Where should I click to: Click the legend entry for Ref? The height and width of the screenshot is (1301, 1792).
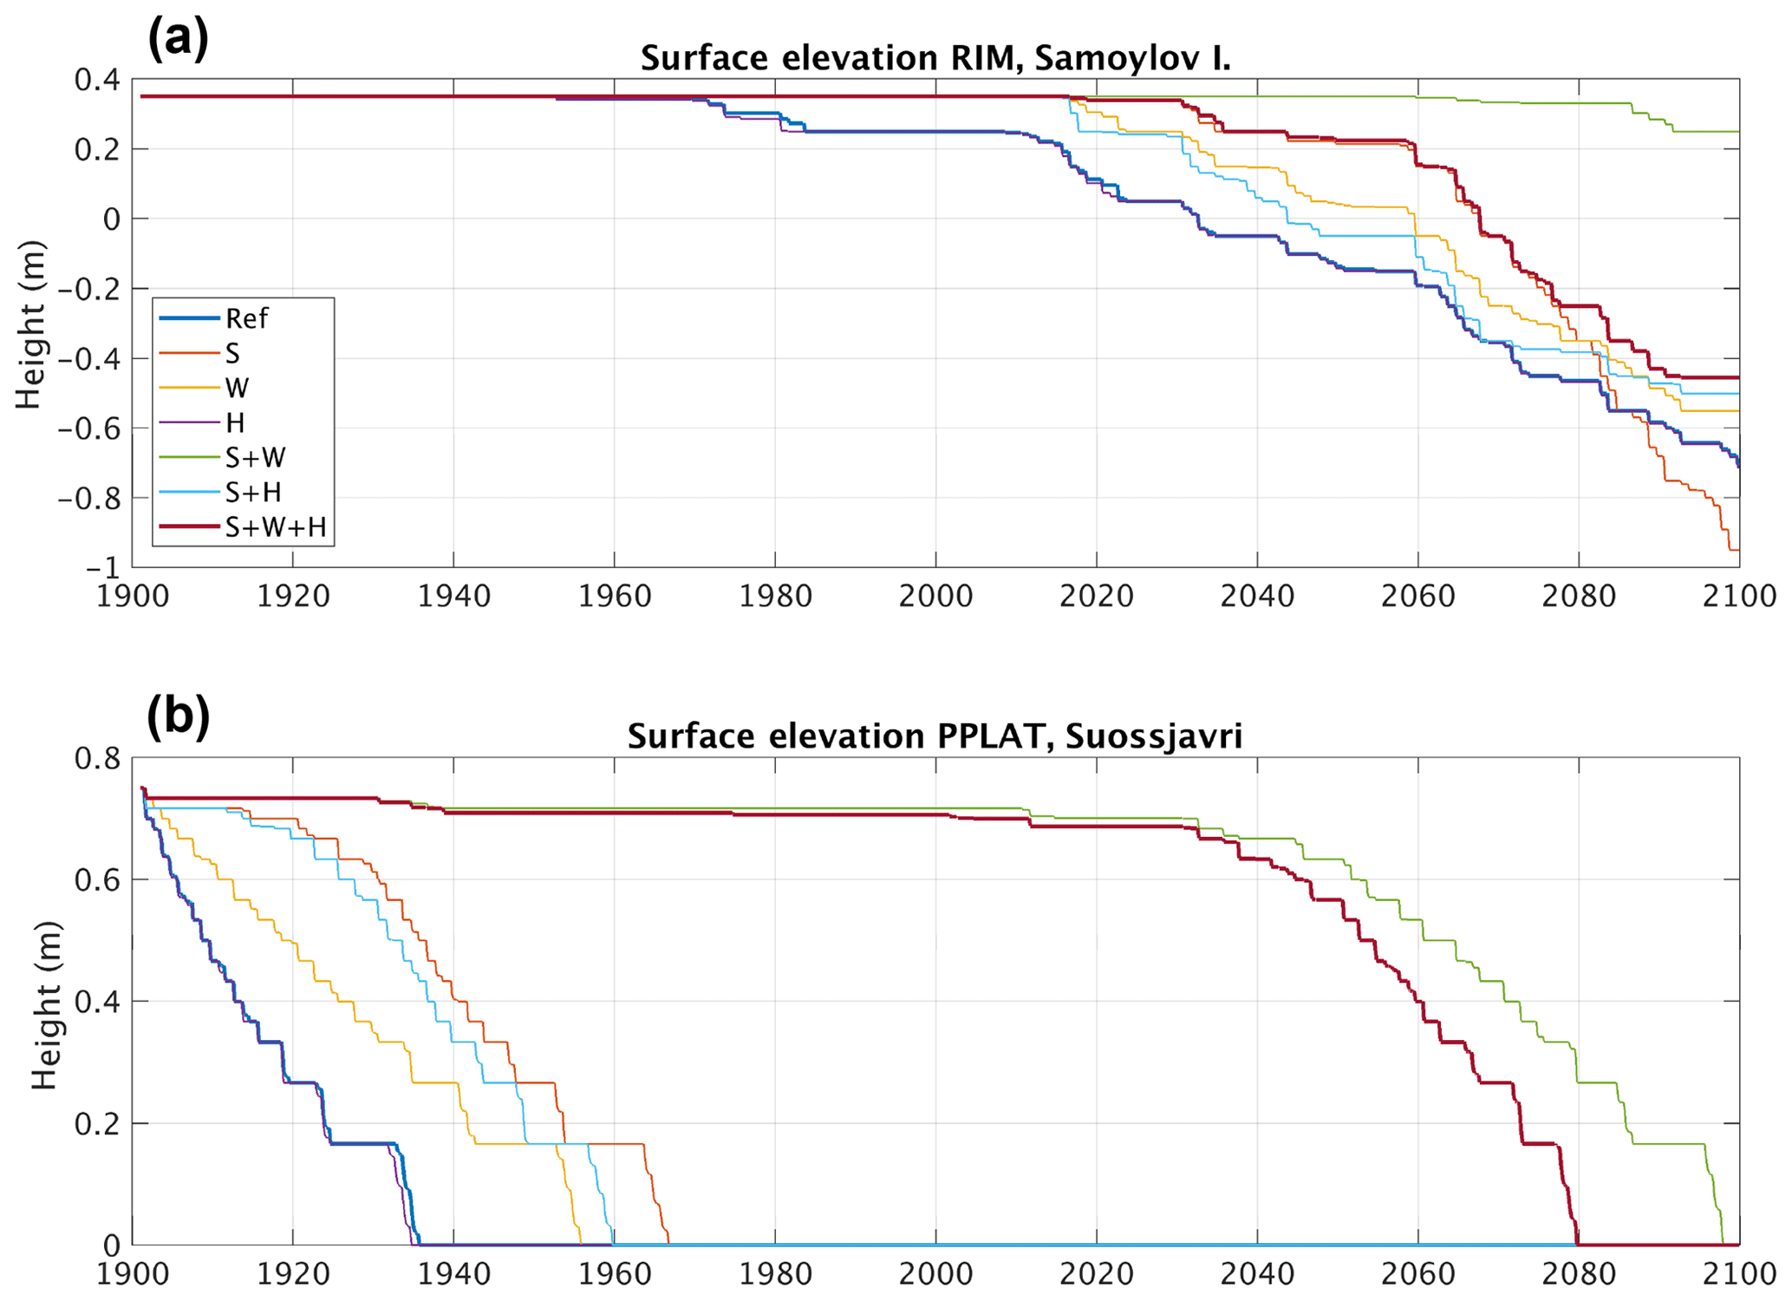coord(246,319)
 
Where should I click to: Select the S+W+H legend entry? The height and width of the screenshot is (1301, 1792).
coord(275,527)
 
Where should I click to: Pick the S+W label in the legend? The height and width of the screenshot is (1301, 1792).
coord(255,458)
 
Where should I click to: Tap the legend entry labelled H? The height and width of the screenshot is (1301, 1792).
coord(234,423)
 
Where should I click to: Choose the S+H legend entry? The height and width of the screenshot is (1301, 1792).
coord(253,493)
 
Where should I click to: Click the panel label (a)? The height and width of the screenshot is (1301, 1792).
coord(178,38)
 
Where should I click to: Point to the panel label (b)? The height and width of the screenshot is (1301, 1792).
coord(178,716)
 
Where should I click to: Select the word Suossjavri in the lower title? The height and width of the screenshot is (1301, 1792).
coord(1153,736)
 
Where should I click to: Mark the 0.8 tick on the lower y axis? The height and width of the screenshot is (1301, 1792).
coord(97,759)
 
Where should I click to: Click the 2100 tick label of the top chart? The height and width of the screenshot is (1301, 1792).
coord(1738,597)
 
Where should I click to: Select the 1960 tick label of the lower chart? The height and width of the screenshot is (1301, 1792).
coord(614,1274)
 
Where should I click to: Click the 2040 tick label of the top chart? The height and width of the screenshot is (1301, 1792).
coord(1257,597)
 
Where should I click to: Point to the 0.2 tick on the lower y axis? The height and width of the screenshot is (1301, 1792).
coord(97,1124)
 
